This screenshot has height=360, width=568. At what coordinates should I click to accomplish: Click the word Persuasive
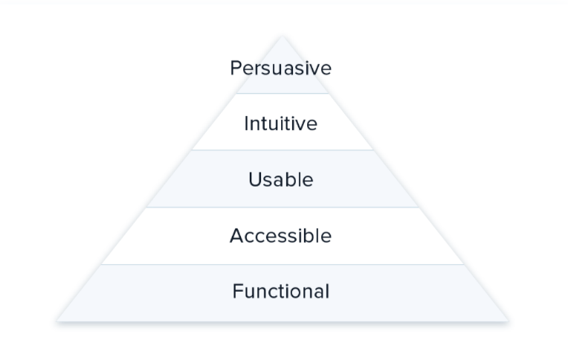[281, 68]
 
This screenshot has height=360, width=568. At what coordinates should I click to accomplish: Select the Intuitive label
[281, 123]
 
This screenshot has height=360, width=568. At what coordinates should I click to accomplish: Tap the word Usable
[281, 179]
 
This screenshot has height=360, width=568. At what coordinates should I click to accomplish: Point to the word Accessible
[281, 236]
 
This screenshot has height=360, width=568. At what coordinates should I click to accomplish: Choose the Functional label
[281, 291]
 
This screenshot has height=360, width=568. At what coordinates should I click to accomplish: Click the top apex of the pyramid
[283, 36]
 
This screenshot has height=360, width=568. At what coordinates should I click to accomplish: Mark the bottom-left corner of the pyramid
[57, 321]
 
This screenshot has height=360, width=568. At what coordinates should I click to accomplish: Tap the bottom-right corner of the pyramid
[509, 321]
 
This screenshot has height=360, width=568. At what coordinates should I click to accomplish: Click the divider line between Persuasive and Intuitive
[283, 94]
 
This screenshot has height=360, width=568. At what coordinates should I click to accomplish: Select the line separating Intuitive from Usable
[283, 150]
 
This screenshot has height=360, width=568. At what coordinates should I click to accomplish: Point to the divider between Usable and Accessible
[283, 208]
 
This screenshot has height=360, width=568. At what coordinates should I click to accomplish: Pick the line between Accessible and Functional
[283, 264]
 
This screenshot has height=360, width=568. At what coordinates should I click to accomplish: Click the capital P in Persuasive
[236, 68]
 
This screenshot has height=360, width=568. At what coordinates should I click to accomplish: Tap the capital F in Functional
[238, 291]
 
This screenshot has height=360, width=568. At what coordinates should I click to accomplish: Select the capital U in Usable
[256, 179]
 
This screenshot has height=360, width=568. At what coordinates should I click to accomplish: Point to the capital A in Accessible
[237, 236]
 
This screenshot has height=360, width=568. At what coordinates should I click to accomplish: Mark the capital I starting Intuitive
[246, 123]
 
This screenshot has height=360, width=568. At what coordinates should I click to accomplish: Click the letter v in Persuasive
[314, 70]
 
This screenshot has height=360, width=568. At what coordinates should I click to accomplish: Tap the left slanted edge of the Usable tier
[170, 179]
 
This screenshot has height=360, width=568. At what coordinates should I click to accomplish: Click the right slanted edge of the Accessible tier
[441, 236]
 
